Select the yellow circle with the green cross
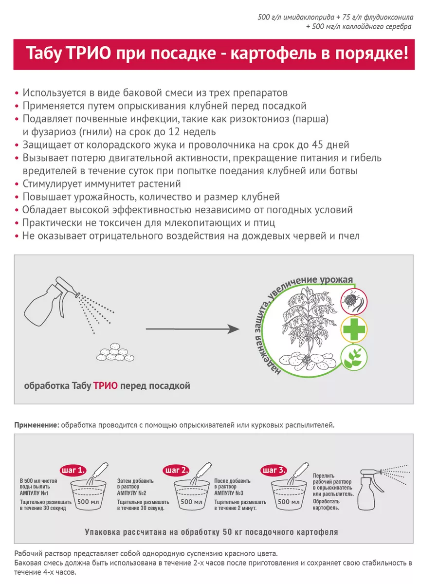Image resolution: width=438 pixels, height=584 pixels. point(354,330)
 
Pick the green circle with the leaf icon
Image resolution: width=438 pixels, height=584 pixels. point(354,359)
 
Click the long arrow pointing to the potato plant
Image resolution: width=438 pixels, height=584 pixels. point(193,329)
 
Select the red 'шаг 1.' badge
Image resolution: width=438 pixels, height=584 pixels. point(73,470)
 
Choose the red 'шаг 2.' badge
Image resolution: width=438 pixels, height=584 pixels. point(175,470)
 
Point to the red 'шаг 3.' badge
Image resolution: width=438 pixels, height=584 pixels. point(274,470)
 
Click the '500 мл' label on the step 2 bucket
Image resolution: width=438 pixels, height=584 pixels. point(191,502)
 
